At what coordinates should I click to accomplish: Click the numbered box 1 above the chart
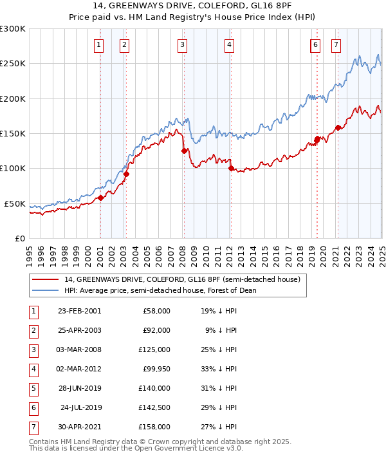98,44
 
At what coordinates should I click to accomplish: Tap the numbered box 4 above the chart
229,44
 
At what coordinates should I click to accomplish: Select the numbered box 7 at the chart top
336,44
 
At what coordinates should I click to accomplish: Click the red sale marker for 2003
126,174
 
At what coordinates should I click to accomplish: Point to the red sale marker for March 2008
184,151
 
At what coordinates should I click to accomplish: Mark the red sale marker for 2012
230,169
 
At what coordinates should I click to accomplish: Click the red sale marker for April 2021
338,127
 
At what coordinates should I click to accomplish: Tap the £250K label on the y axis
13,64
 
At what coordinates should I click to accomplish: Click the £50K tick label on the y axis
15,203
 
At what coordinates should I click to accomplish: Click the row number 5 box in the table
32,388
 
